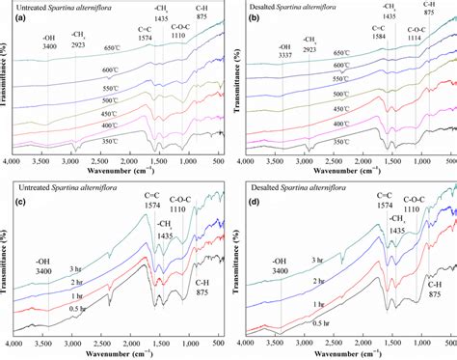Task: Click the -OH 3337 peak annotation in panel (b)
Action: point(284,51)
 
